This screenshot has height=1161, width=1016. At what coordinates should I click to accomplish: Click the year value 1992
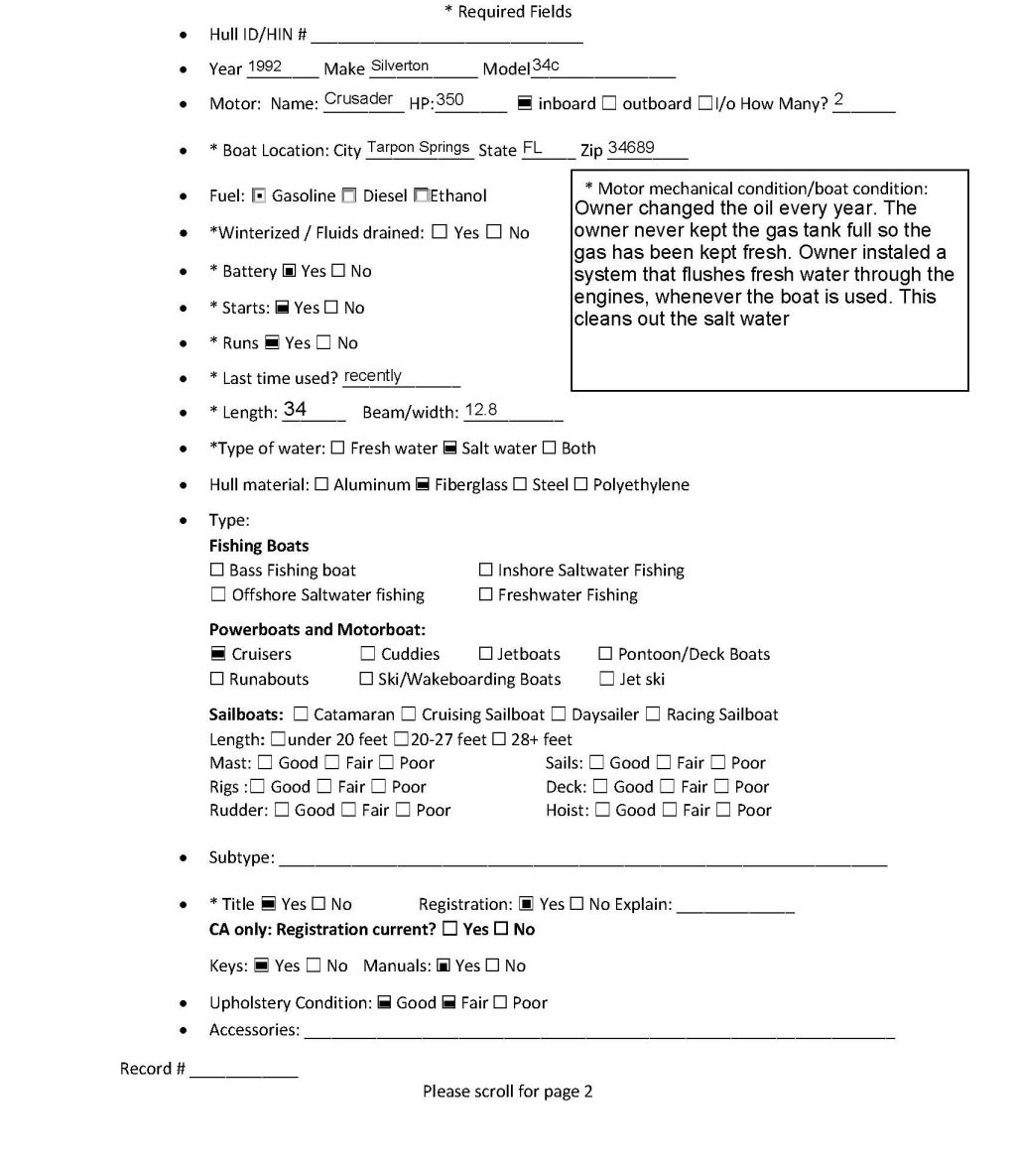coord(265,66)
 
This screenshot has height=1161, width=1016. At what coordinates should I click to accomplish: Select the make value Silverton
coord(400,65)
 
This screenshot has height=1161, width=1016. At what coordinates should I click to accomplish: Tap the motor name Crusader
coord(358,99)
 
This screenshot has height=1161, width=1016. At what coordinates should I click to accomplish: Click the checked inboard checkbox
coord(525,103)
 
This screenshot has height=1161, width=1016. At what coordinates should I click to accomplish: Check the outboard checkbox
coord(609,103)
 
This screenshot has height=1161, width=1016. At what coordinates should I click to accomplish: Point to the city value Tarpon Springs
coord(418,147)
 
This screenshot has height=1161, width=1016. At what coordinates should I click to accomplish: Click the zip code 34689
coord(631,147)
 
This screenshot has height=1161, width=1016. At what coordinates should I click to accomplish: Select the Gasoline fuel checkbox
coord(259,195)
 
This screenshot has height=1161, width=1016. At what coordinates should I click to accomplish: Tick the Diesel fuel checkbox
coord(348,195)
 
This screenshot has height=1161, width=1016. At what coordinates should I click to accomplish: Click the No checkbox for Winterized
coord(494,233)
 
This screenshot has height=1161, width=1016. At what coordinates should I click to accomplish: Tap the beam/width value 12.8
coord(481,410)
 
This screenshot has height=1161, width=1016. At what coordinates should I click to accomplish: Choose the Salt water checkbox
coord(449,449)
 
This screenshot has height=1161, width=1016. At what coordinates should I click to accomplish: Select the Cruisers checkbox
coord(217,654)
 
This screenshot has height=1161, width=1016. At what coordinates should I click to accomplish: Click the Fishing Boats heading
coord(259,546)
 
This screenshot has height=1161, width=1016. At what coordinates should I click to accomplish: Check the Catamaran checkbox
coord(301,714)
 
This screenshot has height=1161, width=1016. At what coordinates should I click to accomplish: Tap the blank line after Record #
coord(243,1071)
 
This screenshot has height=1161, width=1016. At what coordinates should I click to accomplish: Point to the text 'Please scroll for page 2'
coord(507,1092)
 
